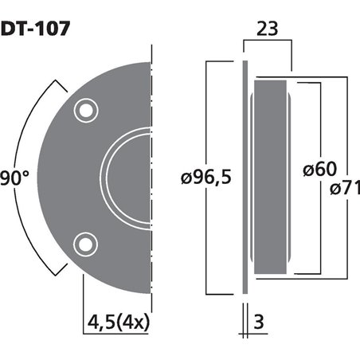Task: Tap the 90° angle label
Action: pos(15,176)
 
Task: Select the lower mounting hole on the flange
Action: pos(84,242)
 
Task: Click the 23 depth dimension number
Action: pos(268,29)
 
